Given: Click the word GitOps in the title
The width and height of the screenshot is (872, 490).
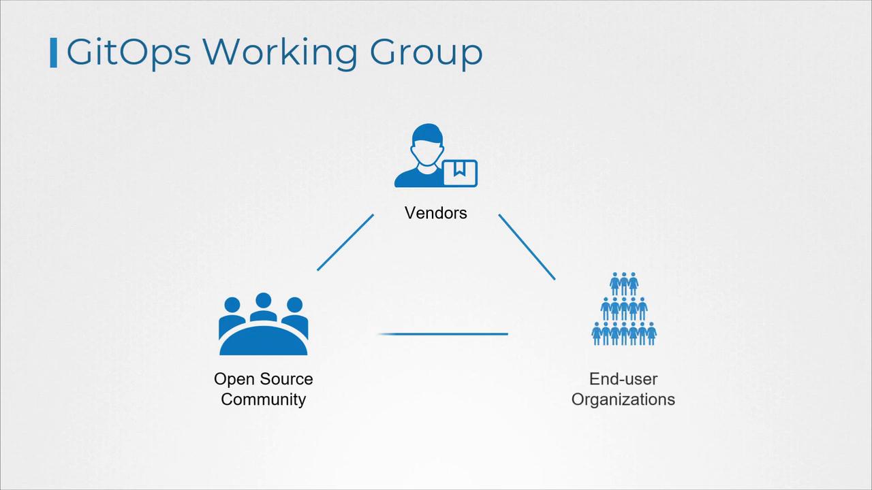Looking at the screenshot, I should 129,52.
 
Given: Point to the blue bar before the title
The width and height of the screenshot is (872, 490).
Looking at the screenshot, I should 53,53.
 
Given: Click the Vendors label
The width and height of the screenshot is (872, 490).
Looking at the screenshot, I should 436,213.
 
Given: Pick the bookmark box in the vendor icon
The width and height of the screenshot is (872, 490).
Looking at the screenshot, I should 460,173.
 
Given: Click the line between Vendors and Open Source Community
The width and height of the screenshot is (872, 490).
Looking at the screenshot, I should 345,242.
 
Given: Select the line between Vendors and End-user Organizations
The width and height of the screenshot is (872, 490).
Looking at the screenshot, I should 527,246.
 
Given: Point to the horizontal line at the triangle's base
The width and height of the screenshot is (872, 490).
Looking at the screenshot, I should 443,334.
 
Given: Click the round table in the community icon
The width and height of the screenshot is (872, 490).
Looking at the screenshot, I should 263,340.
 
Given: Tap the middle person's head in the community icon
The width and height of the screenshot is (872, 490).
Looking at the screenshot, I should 264,300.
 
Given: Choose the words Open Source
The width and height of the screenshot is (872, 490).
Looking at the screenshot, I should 263,379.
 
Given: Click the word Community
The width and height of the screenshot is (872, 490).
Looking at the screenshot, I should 263,399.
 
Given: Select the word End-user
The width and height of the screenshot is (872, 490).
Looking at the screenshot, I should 623,379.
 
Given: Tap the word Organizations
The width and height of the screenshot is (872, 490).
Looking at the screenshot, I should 623,399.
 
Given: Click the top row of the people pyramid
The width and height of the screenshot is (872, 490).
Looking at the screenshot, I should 623,283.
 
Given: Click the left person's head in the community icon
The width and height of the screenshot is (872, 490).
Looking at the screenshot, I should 232,305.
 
